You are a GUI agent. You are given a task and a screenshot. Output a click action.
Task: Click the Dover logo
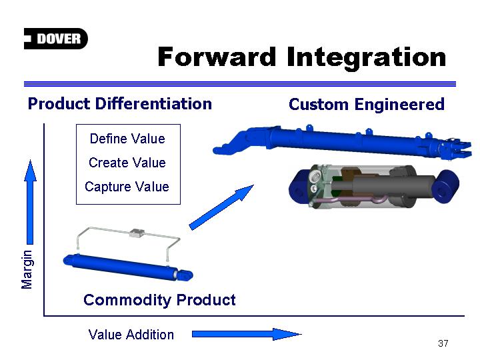56,39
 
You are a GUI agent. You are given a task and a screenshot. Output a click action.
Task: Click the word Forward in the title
217,57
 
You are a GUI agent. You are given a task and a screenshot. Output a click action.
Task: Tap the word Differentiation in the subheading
154,103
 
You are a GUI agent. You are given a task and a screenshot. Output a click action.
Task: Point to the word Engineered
399,105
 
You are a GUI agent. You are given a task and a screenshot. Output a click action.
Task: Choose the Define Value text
127,139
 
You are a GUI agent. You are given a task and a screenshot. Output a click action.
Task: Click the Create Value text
127,163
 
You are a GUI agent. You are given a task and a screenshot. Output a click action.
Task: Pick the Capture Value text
127,187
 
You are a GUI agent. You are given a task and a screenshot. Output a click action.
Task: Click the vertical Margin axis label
27,269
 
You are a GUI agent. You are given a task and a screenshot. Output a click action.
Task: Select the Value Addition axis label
131,335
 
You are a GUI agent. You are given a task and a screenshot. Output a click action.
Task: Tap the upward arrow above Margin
30,202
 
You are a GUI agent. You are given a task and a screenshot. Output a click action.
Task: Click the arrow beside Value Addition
247,334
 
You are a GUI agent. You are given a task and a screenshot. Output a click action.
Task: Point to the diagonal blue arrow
221,207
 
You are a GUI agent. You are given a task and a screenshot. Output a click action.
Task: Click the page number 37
443,343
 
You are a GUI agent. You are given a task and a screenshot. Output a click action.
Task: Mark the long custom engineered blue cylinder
342,141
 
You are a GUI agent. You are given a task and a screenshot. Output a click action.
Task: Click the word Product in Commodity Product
206,300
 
